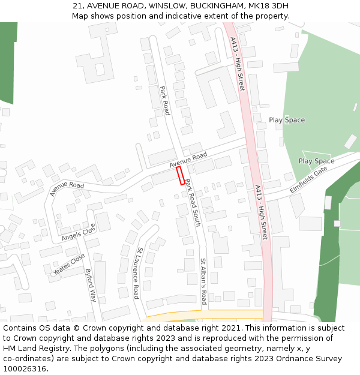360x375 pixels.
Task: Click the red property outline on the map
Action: tap(181, 176)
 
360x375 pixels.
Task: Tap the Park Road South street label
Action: tap(193, 202)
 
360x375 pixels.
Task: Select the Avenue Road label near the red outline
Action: tap(188, 160)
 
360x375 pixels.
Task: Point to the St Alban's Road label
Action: tap(203, 281)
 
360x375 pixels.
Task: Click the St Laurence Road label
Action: tap(139, 273)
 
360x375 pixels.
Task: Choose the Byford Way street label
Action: tap(91, 284)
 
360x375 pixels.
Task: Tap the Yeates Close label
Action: tap(69, 265)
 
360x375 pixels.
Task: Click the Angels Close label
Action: tap(79, 232)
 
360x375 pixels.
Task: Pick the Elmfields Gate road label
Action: tap(309, 178)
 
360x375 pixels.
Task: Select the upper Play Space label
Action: tap(287, 120)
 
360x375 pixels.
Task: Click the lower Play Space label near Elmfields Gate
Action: tap(316, 161)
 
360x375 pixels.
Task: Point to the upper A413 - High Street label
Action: tap(238, 64)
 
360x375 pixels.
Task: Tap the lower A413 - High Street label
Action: tap(260, 212)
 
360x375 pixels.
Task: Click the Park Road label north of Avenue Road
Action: tap(165, 100)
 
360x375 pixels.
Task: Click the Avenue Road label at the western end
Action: tap(67, 189)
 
